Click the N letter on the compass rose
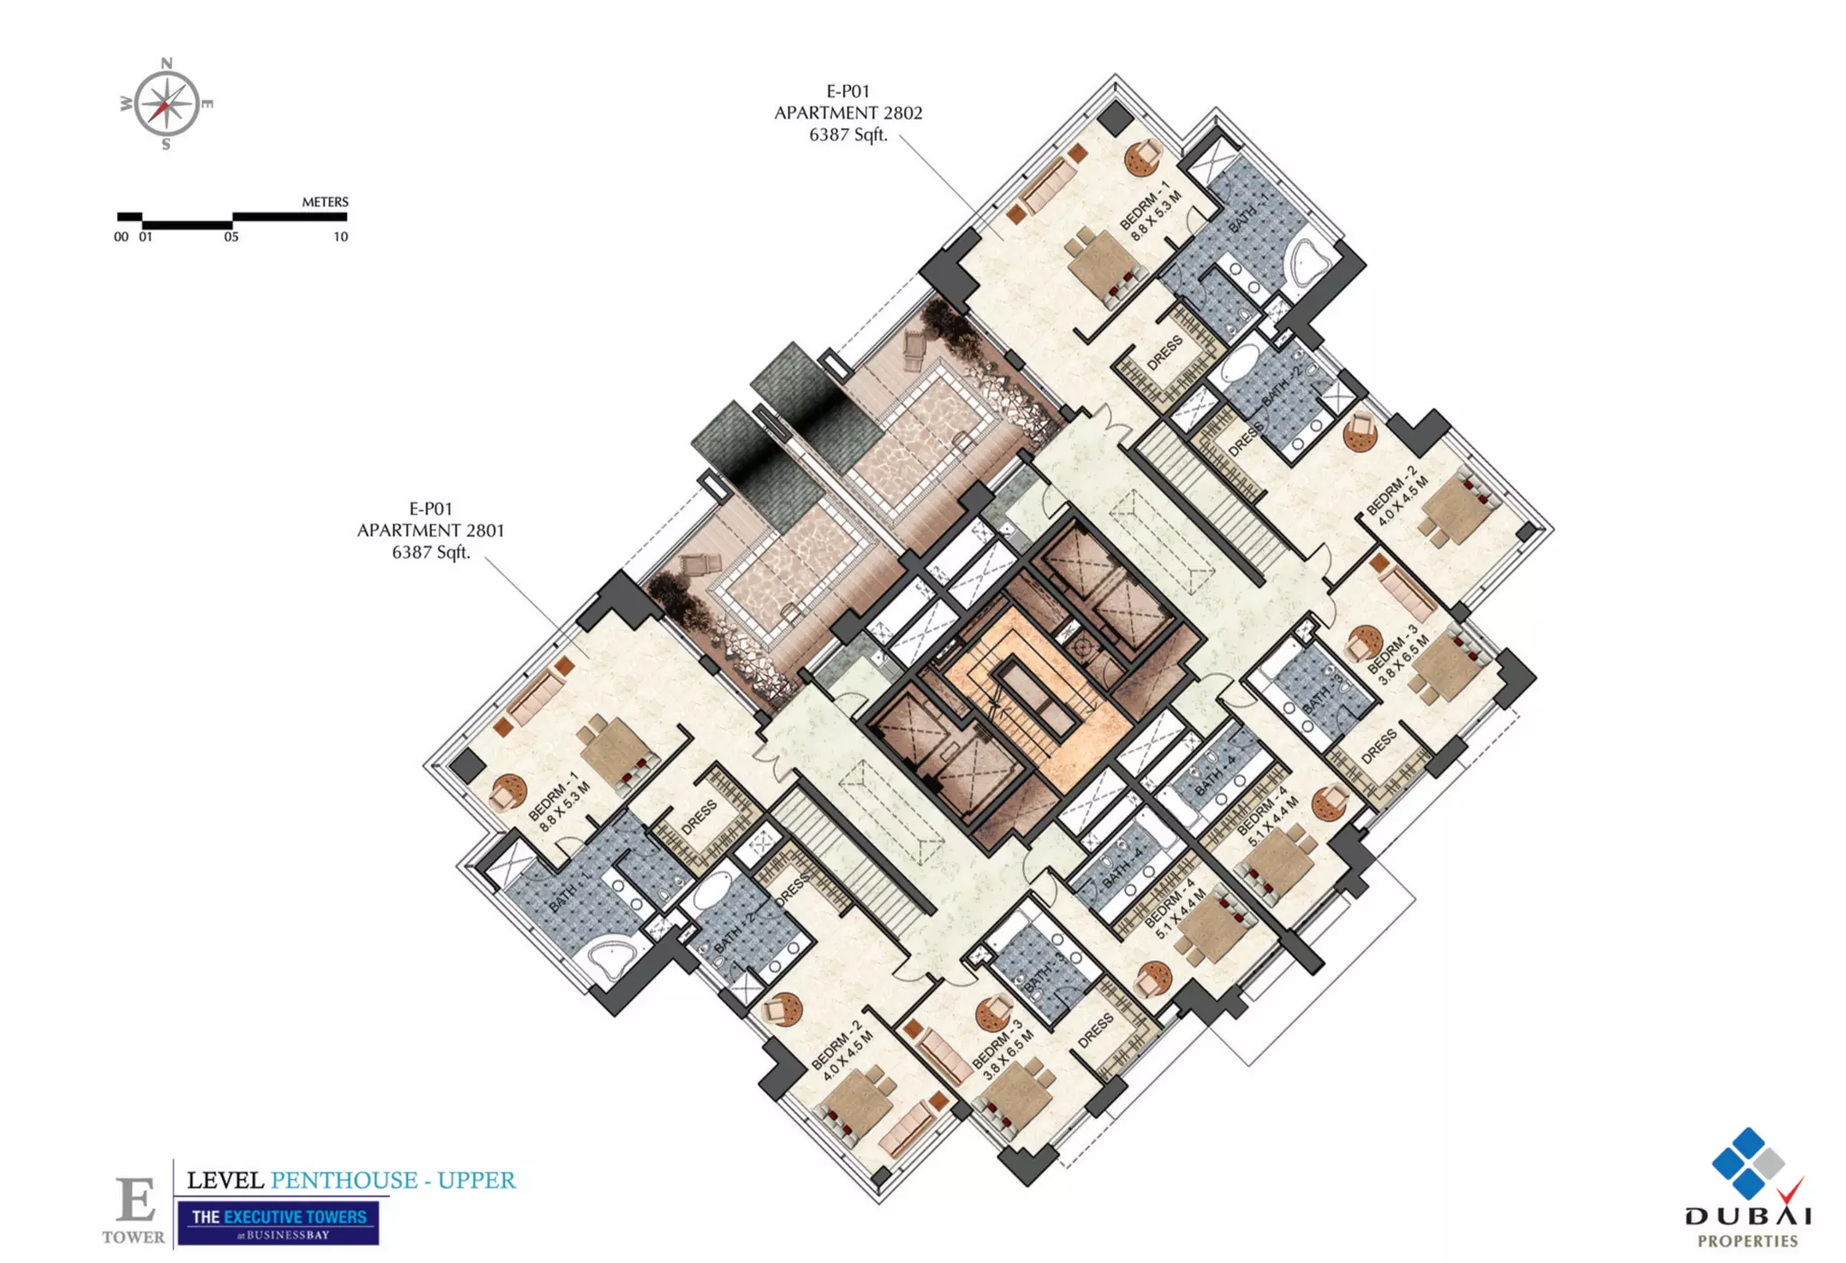point(167,63)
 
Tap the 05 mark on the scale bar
point(232,237)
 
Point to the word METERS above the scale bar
point(324,202)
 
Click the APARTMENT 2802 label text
point(848,113)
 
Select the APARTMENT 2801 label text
point(431,530)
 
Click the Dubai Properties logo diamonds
point(1748,1163)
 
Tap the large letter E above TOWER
point(136,1200)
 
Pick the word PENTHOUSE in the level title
point(344,1180)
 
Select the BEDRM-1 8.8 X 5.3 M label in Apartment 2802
point(1150,211)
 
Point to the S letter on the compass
point(166,145)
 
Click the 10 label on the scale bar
point(341,237)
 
